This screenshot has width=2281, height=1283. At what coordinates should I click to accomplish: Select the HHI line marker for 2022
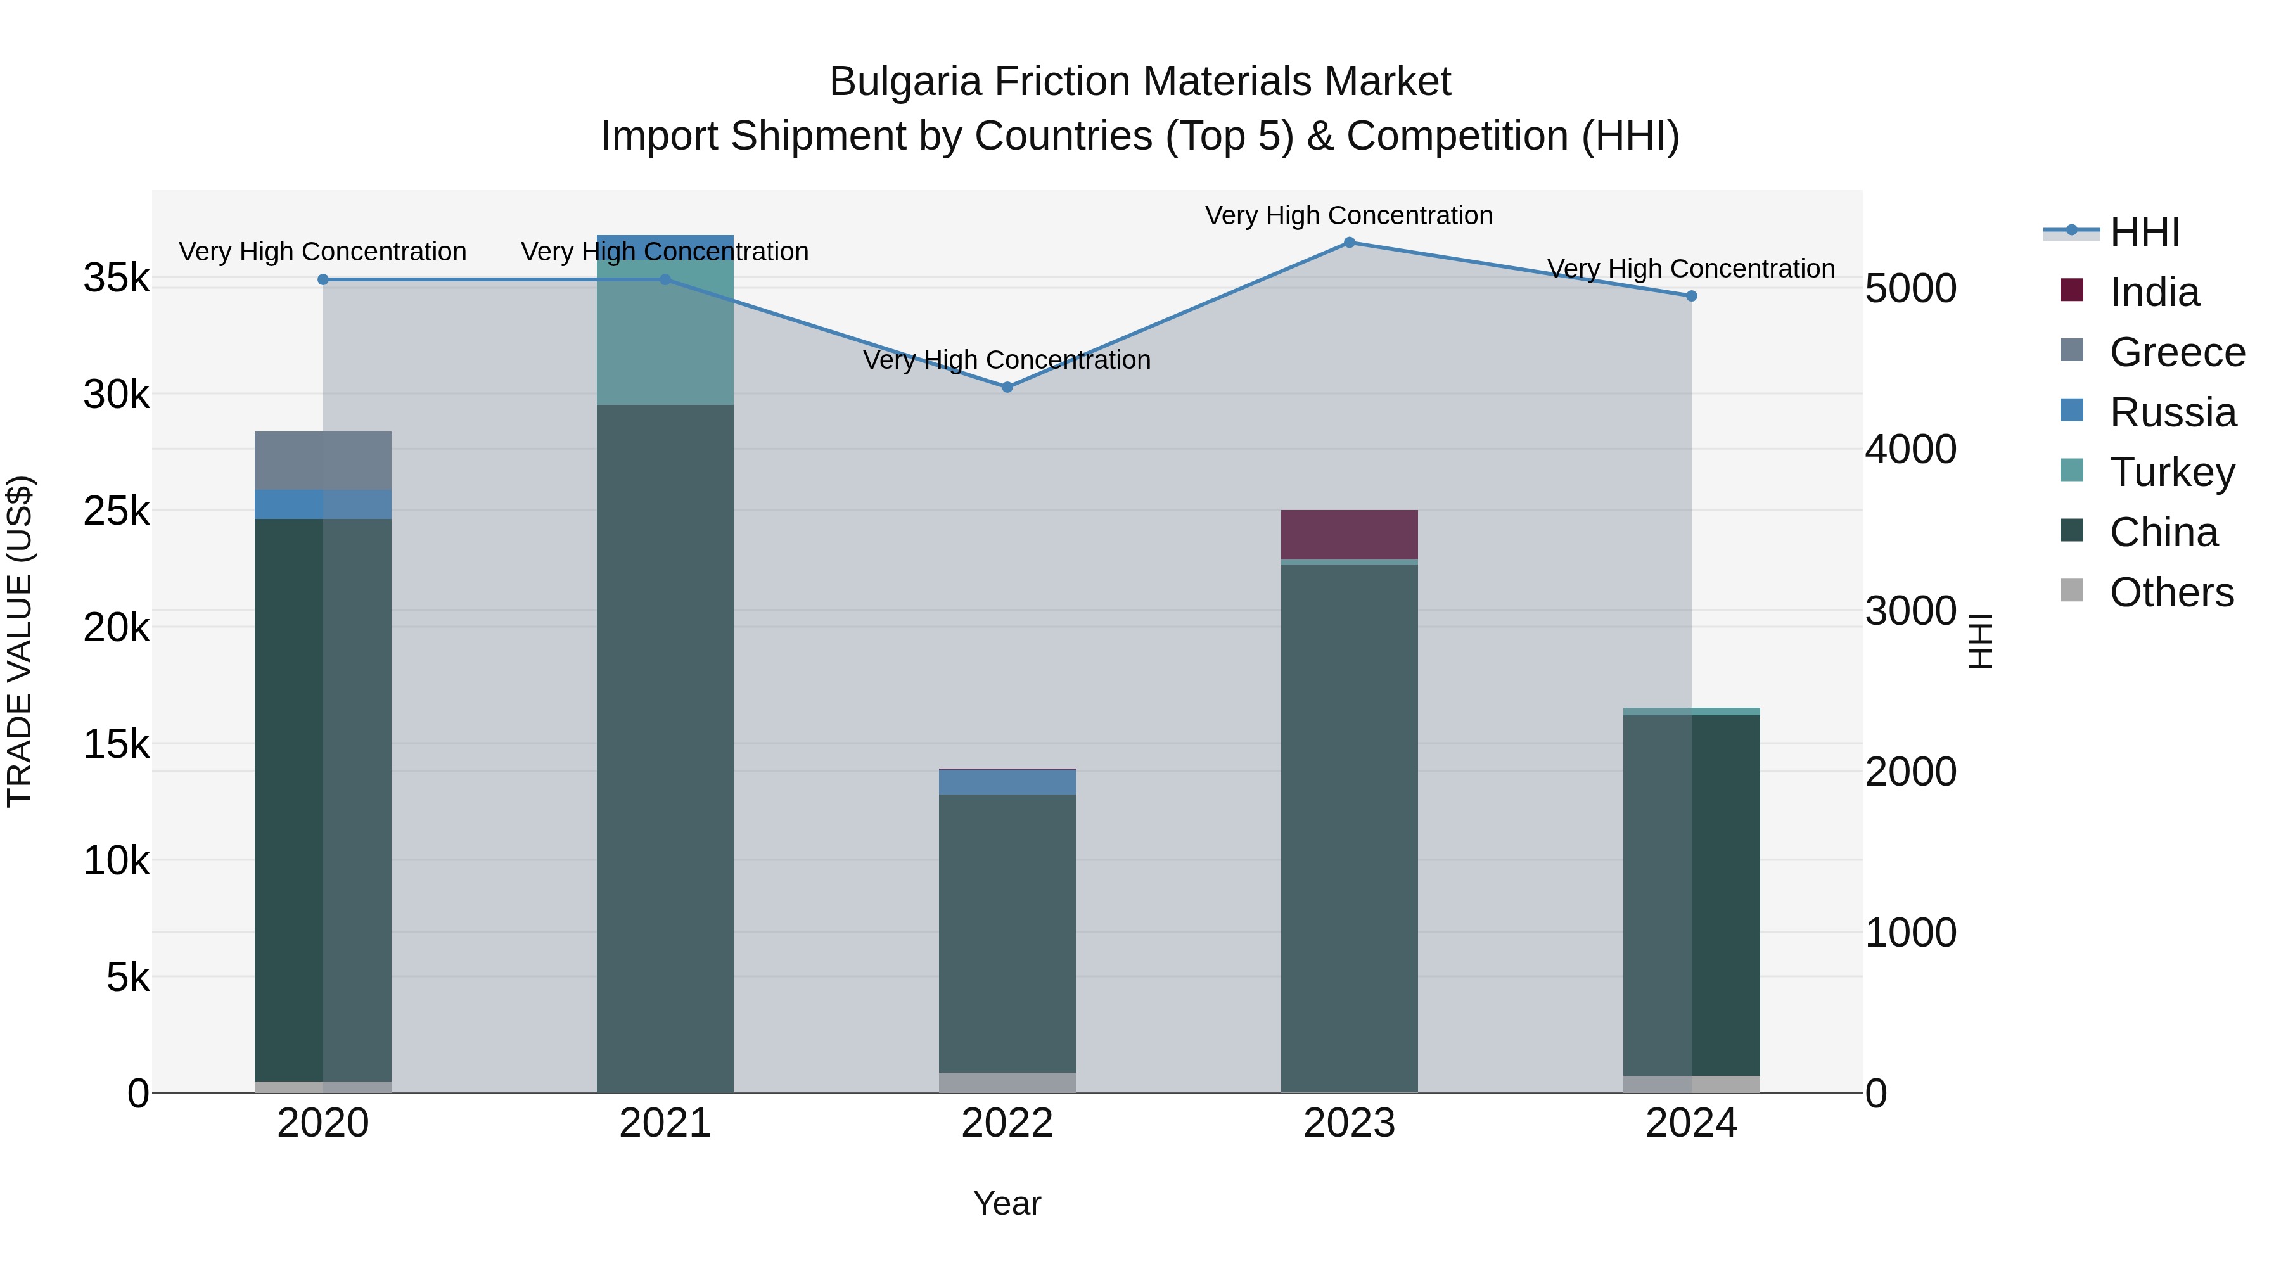click(x=1007, y=387)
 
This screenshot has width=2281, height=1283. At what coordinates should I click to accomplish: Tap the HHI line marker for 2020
click(x=323, y=280)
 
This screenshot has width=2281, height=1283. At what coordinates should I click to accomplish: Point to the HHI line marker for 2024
click(x=1691, y=296)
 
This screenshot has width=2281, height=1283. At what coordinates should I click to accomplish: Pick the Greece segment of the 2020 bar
click(x=323, y=461)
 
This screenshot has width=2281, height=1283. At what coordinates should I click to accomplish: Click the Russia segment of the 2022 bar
click(x=1007, y=782)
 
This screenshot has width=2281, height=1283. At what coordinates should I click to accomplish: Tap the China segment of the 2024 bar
click(x=1691, y=894)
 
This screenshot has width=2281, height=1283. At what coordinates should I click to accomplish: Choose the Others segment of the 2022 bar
click(x=1007, y=1082)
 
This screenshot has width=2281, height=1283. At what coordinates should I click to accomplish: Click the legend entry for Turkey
click(x=2171, y=472)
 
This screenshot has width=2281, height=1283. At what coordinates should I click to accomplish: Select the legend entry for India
click(x=2154, y=292)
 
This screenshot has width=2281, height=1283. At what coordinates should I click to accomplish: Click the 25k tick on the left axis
click(x=116, y=511)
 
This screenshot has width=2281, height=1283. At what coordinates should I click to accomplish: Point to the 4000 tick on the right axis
click(x=1910, y=449)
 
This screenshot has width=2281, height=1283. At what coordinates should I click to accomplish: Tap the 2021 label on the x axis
click(x=665, y=1123)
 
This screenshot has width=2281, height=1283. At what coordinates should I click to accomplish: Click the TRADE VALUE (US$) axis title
click(x=20, y=641)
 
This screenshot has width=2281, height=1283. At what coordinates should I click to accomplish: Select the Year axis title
click(x=1007, y=1203)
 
